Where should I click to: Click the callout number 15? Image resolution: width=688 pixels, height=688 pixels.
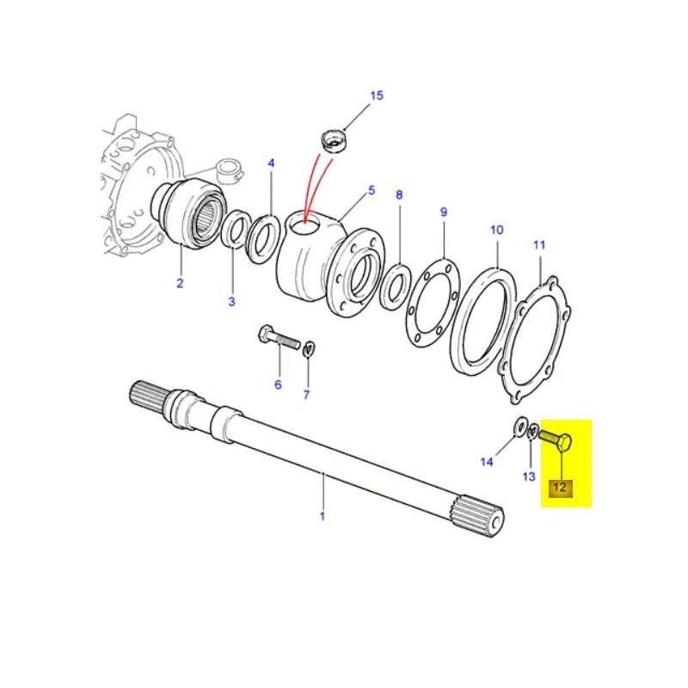[x=376, y=95]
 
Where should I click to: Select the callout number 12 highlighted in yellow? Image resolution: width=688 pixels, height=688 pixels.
[x=560, y=488]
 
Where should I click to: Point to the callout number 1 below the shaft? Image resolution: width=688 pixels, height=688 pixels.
[x=322, y=516]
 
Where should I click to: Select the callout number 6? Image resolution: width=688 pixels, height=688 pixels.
[x=278, y=384]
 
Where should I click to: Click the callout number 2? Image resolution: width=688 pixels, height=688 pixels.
[x=181, y=283]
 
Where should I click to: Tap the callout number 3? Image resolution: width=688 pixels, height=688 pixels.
[x=230, y=301]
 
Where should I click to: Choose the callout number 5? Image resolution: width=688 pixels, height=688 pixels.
[x=372, y=190]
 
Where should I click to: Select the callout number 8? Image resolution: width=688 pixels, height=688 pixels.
[x=398, y=195]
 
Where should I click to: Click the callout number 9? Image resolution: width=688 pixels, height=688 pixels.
[x=444, y=212]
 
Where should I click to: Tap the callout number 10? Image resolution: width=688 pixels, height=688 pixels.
[x=496, y=230]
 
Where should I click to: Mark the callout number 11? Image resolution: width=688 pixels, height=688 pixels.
[x=539, y=245]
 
